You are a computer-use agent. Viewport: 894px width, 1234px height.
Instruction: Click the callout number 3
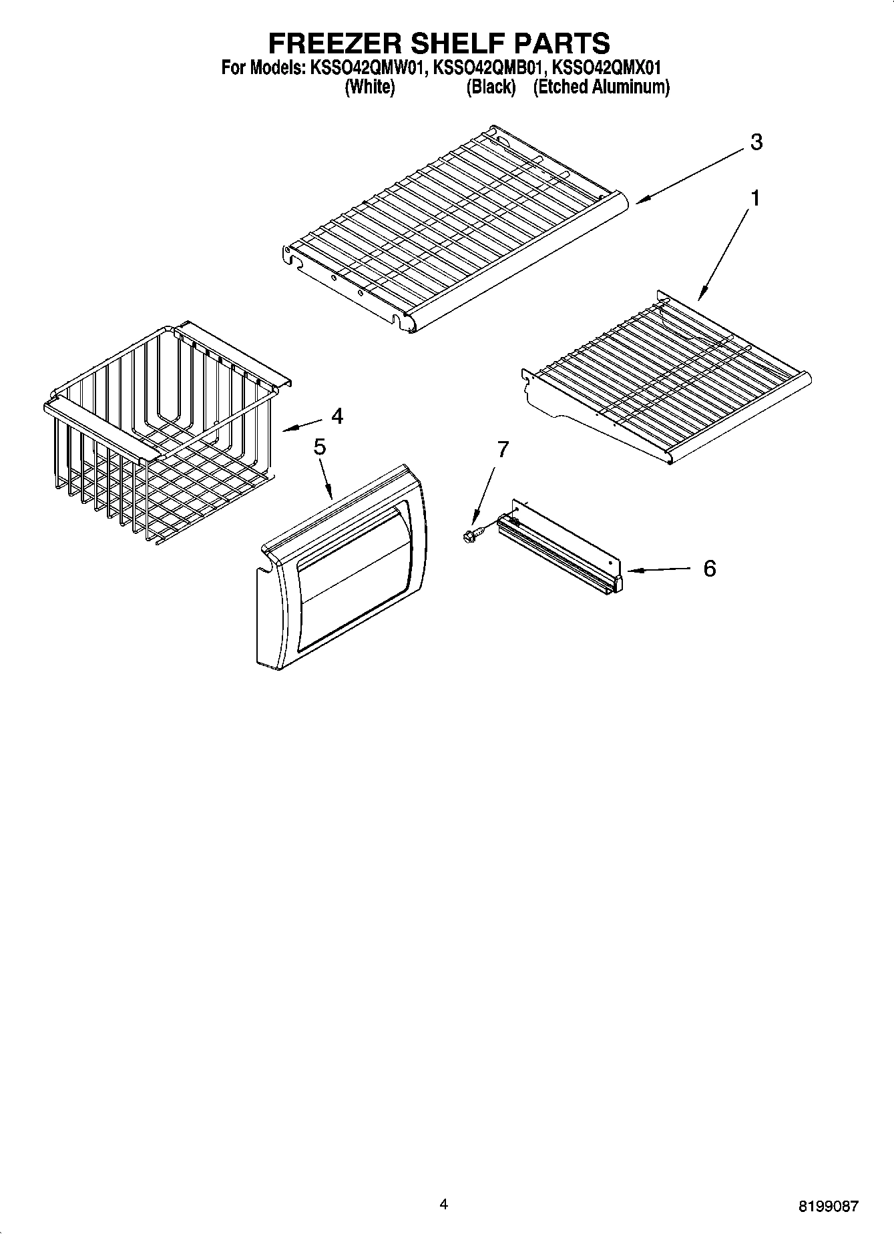[756, 142]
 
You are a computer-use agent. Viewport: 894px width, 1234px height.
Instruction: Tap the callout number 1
[755, 198]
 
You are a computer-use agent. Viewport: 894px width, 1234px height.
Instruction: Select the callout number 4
[337, 416]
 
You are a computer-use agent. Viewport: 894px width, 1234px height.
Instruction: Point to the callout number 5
[320, 447]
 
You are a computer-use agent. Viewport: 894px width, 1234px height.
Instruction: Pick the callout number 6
[709, 569]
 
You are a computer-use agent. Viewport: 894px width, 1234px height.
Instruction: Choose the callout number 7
[502, 450]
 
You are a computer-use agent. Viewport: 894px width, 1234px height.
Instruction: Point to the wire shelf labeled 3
[454, 227]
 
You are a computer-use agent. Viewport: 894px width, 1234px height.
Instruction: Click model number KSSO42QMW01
[366, 67]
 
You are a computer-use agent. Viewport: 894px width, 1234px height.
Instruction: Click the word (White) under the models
[369, 87]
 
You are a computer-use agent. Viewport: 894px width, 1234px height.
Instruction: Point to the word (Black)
[491, 87]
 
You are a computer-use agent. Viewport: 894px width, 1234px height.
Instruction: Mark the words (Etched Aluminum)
[601, 87]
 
